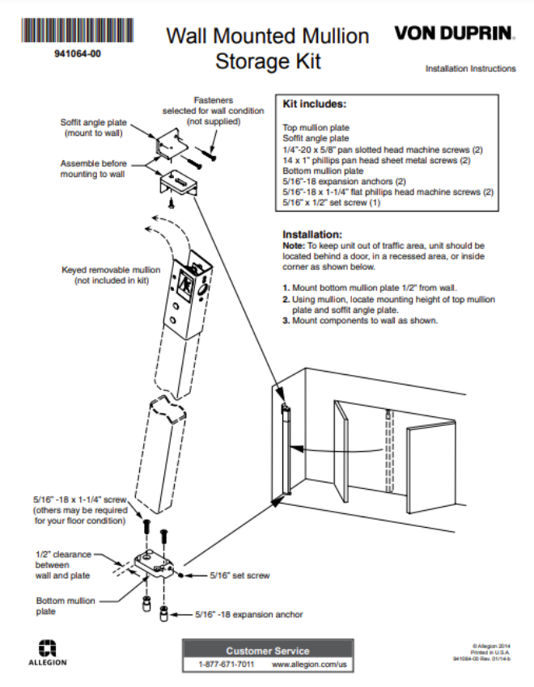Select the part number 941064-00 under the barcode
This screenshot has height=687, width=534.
pos(78,54)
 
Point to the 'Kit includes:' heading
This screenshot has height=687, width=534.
pos(314,104)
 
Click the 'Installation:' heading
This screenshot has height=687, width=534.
pos(312,234)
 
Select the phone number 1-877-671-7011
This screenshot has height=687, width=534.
pos(226,664)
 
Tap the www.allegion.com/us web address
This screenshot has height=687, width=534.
pos(308,664)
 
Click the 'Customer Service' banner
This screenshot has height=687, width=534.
pos(267,650)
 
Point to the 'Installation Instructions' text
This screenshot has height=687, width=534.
pos(470,69)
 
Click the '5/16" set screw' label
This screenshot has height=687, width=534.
pos(239,575)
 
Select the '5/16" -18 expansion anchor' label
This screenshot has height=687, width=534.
pos(249,614)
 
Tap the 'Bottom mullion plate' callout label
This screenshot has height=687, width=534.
pos(66,606)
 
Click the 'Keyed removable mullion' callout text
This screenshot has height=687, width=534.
pos(111,275)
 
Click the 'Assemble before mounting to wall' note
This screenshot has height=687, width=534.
pos(92,168)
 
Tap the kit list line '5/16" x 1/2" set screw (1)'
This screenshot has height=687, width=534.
pos(332,202)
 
